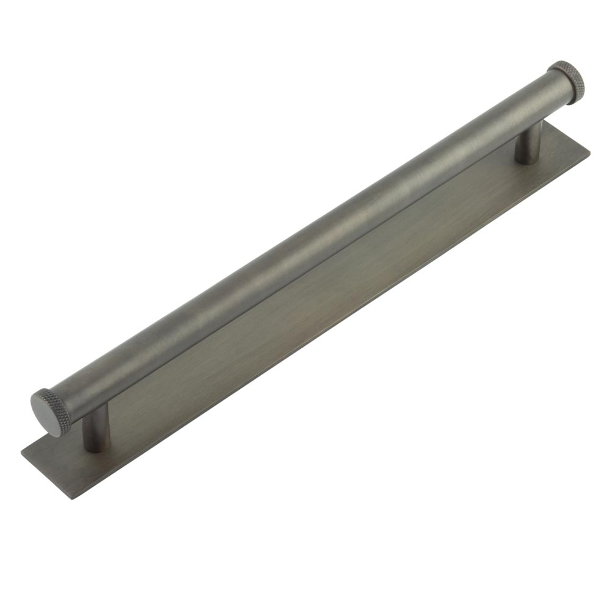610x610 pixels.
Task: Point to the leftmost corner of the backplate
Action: [22, 453]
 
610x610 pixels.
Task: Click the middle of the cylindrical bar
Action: [305, 241]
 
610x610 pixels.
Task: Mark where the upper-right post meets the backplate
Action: [526, 160]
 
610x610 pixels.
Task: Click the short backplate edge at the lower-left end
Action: [46, 476]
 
